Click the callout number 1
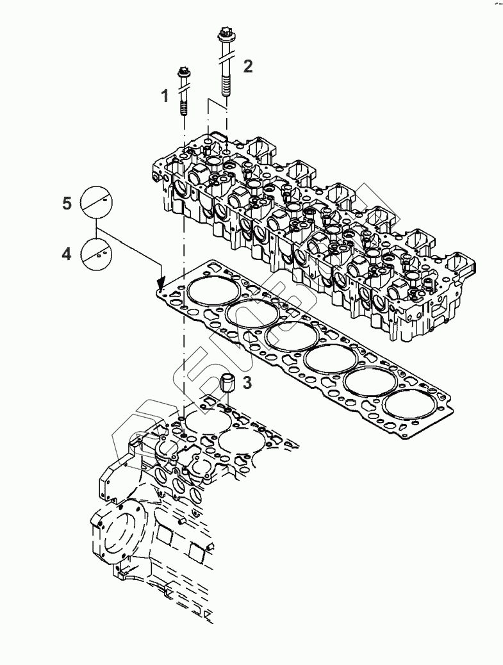click(x=165, y=96)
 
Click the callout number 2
click(x=247, y=65)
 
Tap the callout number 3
click(x=247, y=383)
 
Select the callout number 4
click(x=67, y=254)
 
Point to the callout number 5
click(x=67, y=203)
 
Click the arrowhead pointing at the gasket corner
click(x=161, y=281)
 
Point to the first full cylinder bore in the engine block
click(x=207, y=419)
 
